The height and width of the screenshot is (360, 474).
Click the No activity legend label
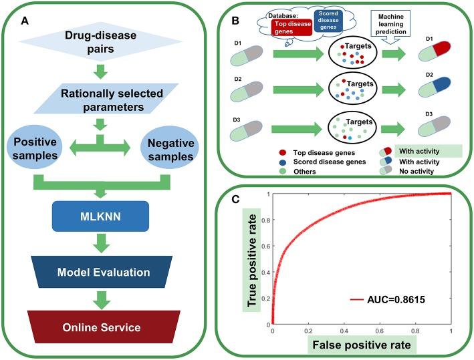pos(417,172)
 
